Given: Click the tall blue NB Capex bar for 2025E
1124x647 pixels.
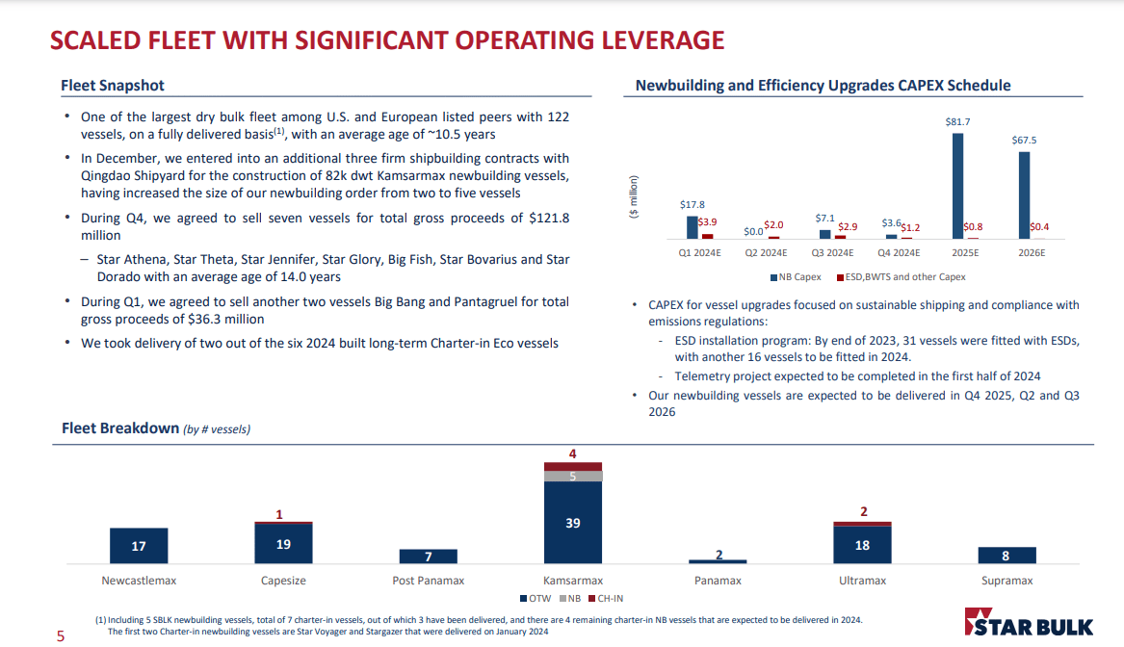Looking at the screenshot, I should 957,185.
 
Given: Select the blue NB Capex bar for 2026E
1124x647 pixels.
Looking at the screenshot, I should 1024,194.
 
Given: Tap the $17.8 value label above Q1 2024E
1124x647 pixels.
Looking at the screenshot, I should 692,205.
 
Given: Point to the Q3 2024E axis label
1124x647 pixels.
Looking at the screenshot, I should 832,253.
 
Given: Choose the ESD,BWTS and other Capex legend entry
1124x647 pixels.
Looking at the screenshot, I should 903,277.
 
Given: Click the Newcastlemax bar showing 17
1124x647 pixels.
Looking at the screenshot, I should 139,546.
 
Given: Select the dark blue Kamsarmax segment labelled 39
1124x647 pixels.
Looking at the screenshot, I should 572,522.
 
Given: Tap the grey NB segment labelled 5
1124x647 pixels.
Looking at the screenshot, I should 572,476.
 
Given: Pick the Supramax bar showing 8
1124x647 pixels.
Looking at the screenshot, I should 1006,556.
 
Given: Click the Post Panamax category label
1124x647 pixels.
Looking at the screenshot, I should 428,581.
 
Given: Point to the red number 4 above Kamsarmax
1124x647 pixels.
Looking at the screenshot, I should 573,453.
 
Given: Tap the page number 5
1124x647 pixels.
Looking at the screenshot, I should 60,635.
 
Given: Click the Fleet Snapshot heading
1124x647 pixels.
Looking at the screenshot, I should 113,86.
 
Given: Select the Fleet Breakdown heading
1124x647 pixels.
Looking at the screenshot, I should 120,427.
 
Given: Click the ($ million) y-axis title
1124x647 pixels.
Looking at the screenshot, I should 633,197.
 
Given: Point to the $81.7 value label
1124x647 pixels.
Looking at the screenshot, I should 957,122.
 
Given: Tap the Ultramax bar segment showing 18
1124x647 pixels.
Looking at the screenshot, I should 862,545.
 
